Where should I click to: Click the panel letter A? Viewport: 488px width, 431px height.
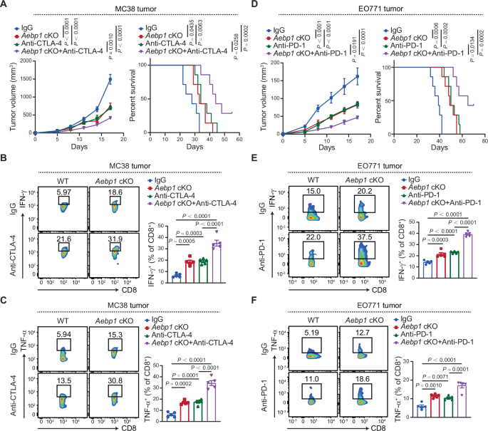coord(5,6)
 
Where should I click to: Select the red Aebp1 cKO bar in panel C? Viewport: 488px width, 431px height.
coord(184,412)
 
